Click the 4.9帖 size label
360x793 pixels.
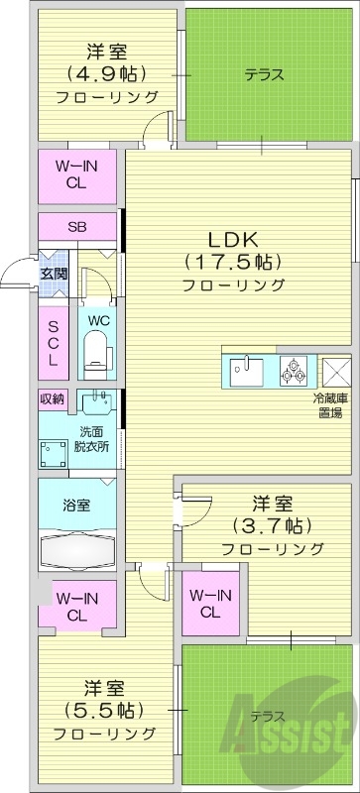pyautogui.click(x=106, y=73)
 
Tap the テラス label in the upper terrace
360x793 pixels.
pyautogui.click(x=265, y=74)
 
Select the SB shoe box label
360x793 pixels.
pyautogui.click(x=77, y=226)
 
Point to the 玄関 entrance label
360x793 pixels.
pyautogui.click(x=53, y=273)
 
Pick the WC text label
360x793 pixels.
pyautogui.click(x=97, y=319)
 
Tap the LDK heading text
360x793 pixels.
pyautogui.click(x=233, y=239)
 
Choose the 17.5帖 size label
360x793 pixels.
pyautogui.click(x=233, y=262)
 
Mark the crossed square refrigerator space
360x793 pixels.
pyautogui.click(x=336, y=372)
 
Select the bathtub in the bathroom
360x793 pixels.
pyautogui.click(x=78, y=550)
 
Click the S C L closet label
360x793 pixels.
pyautogui.click(x=53, y=338)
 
